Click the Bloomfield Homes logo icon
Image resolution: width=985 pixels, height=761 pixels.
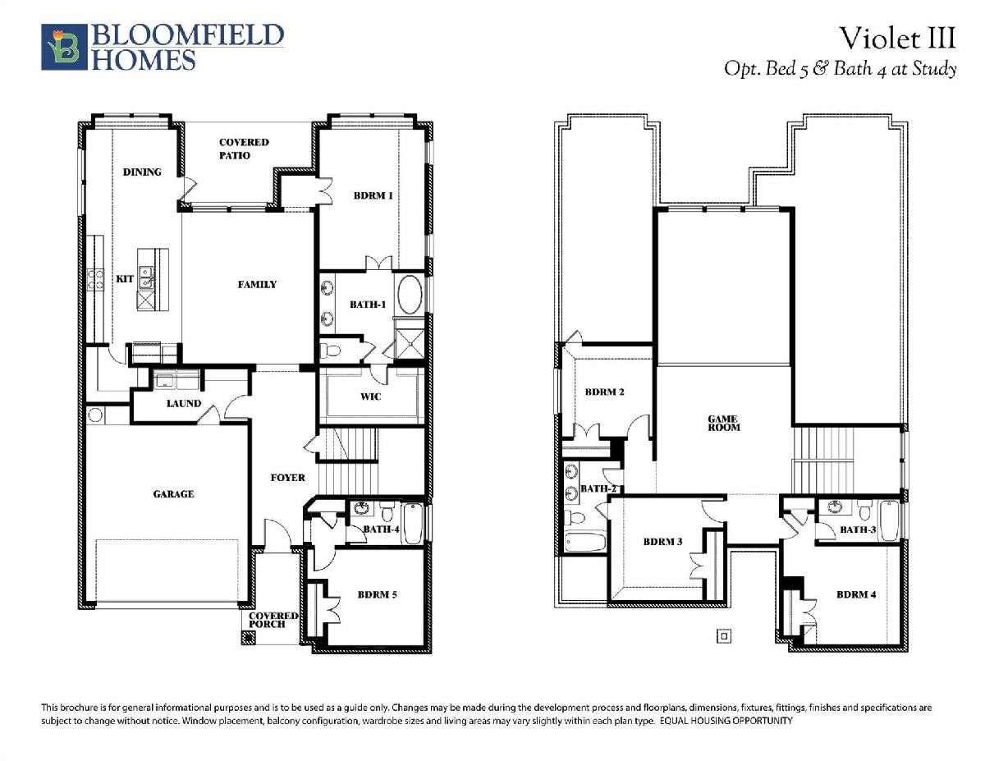(64, 47)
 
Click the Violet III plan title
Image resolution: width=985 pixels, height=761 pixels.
(897, 38)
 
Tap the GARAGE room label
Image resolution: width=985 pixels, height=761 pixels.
(173, 494)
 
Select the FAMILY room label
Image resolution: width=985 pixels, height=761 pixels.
(257, 285)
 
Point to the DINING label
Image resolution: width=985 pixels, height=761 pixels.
(142, 172)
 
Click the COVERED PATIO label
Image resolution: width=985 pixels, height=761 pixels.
(244, 149)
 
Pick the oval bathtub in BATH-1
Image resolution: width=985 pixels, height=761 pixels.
(410, 295)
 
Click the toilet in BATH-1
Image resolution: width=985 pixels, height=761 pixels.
(330, 351)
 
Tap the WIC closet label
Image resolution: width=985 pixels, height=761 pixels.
(370, 397)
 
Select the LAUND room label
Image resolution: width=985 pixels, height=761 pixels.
(184, 403)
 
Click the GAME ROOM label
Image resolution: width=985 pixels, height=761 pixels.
(723, 423)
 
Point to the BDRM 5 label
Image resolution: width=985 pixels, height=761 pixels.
(377, 594)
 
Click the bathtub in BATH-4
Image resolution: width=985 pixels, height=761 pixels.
(413, 524)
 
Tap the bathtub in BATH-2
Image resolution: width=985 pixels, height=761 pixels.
(585, 542)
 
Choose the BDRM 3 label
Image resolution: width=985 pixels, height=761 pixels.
(662, 542)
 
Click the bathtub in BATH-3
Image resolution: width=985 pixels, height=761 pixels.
(889, 520)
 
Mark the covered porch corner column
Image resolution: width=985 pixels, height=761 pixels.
(248, 638)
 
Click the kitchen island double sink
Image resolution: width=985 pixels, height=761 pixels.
(146, 277)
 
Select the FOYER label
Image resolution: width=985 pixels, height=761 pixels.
(287, 478)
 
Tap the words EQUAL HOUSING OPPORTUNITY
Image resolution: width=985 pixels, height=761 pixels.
(726, 721)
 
